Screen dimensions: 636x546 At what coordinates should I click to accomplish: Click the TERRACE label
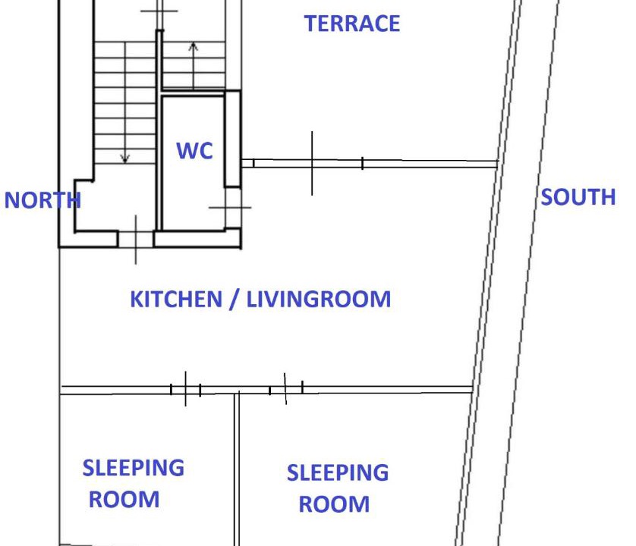coord(352,24)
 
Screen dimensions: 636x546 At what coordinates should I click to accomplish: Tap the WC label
coord(195,151)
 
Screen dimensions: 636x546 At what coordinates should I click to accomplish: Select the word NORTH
coord(43,200)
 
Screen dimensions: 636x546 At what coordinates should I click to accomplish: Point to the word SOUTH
coord(578,197)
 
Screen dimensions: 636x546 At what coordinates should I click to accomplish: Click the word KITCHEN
coord(176,299)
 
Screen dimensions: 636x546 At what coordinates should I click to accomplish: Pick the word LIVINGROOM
coord(319,299)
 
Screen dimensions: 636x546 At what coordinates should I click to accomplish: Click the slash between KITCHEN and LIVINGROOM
coord(234,300)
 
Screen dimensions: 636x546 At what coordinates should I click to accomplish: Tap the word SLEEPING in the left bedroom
coord(134,468)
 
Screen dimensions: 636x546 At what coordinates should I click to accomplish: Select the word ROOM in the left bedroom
coord(124,500)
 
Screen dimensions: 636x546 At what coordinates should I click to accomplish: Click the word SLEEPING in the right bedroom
coord(338,472)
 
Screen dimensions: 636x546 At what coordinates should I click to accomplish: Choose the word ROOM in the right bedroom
coord(334,504)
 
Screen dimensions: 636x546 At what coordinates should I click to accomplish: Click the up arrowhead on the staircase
coord(194,46)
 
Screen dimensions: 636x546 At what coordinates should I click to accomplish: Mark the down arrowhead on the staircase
coord(125,158)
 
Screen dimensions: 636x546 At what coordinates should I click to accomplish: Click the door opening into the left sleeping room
coord(186,390)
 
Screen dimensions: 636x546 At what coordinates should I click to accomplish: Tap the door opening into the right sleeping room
coord(286,389)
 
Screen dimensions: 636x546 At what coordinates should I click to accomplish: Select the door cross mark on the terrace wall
coord(312,163)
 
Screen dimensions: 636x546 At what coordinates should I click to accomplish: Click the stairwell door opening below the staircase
coord(136,239)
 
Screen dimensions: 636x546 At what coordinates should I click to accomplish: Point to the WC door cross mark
coord(231,208)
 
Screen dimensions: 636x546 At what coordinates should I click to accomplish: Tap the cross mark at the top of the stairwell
coord(159,11)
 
